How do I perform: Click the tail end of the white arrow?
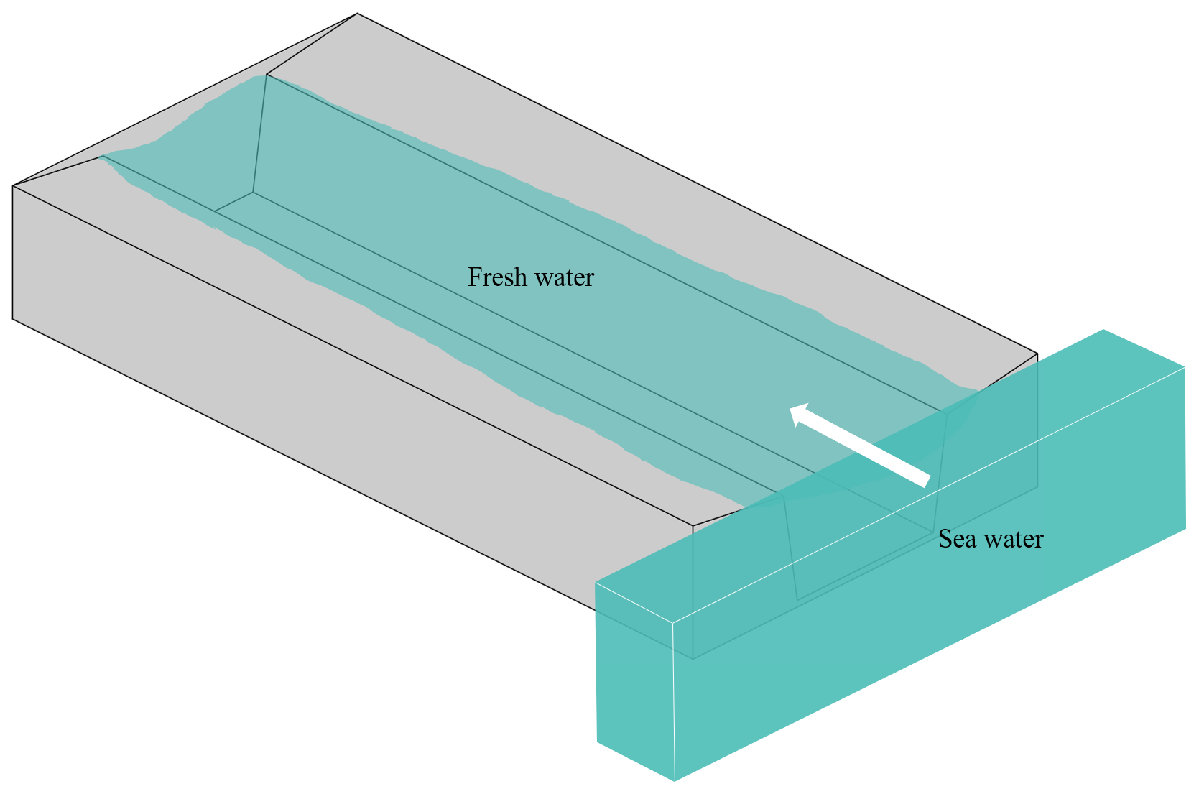[x=927, y=481]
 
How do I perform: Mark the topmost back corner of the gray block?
[x=357, y=14]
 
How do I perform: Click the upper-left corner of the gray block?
[x=13, y=187]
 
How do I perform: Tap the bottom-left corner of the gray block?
[x=13, y=318]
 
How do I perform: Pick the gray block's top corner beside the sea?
[x=1037, y=354]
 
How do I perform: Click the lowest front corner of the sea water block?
[x=675, y=781]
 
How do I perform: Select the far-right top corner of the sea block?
[x=1184, y=366]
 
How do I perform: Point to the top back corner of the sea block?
[x=1103, y=330]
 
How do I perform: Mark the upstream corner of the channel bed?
[x=253, y=193]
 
